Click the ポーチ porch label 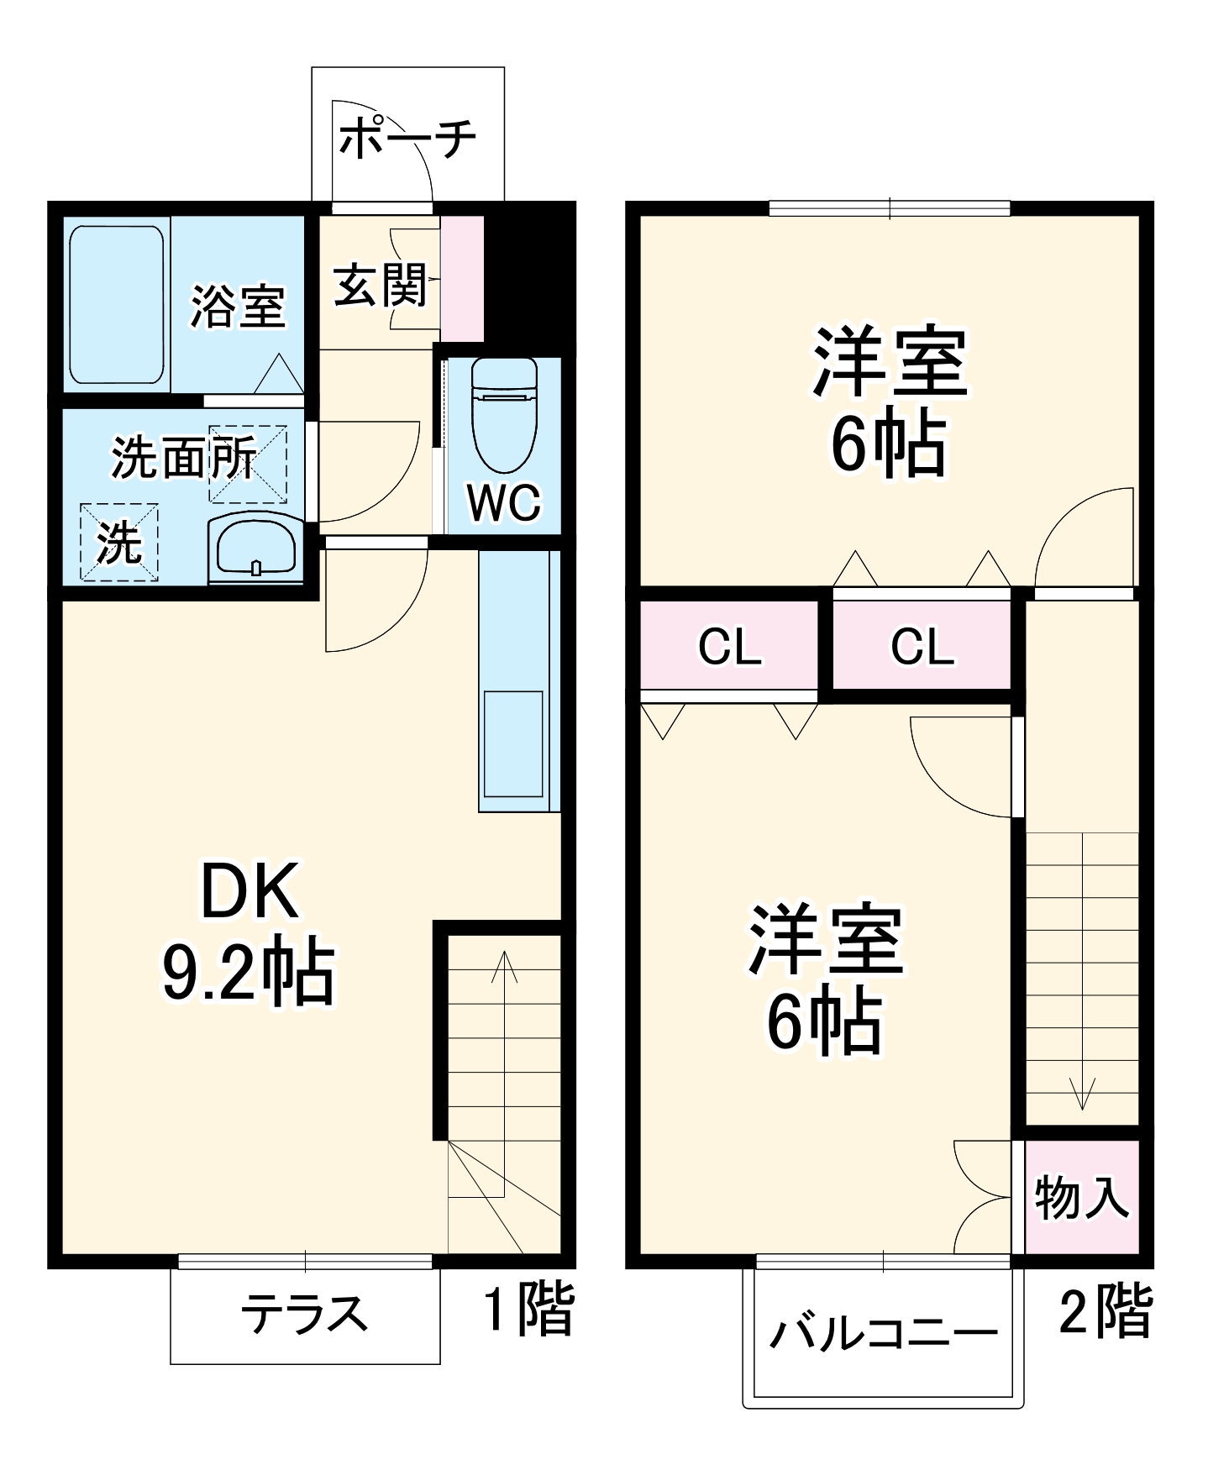point(408,139)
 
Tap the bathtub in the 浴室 point(116,304)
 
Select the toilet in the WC point(504,415)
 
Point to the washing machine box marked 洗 point(119,542)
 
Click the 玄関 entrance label point(381,286)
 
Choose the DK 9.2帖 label point(249,932)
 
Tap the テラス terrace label point(304,1314)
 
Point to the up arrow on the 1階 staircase point(504,966)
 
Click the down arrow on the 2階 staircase point(1082,1092)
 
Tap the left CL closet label point(730,647)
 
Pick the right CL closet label point(922,647)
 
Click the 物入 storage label point(1081,1197)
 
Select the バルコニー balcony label point(884,1332)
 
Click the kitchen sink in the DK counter point(512,743)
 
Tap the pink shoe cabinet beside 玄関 point(463,279)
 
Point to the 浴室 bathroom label point(238,306)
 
